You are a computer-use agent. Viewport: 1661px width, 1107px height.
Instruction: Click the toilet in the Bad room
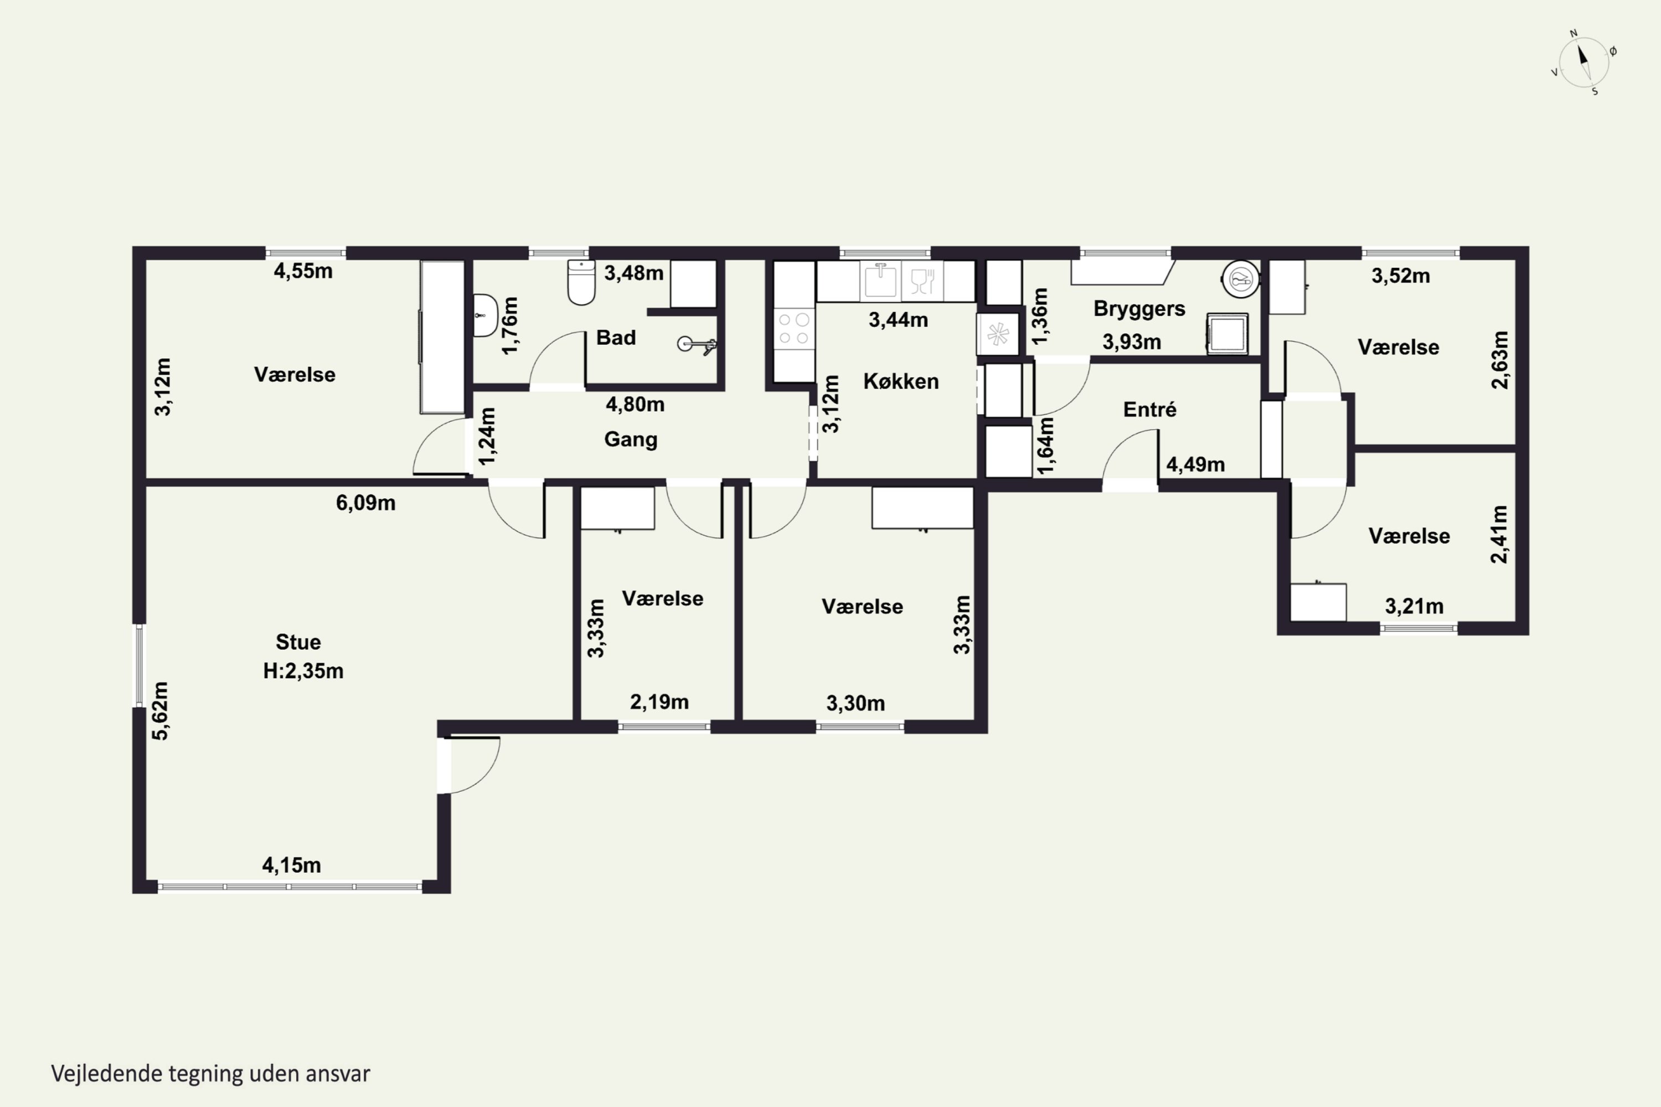(x=581, y=282)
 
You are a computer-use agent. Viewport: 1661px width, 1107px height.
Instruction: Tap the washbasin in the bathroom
(x=485, y=315)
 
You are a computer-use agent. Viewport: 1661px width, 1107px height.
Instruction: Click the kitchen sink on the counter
(x=879, y=280)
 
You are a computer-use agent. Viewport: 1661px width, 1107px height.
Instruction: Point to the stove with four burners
(x=795, y=329)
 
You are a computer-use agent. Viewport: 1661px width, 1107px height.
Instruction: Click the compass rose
(x=1584, y=62)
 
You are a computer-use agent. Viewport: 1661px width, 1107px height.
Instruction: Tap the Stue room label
(x=298, y=642)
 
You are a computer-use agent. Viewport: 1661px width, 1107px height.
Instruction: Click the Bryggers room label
(x=1139, y=309)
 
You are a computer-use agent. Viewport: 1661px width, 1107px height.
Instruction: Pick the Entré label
(x=1150, y=410)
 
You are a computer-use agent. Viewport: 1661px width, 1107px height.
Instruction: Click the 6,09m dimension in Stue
(x=365, y=503)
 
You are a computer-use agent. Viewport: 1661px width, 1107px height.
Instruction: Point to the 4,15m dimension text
(x=291, y=865)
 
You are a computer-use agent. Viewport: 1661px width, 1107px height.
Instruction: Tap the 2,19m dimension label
(x=659, y=702)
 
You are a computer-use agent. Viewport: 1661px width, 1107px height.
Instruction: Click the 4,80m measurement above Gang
(x=635, y=405)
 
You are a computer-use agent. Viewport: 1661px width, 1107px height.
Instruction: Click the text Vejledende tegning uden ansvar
(x=210, y=1074)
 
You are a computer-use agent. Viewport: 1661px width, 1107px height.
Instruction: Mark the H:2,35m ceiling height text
(x=303, y=671)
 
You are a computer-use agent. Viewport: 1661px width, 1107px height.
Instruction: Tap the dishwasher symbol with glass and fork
(x=922, y=280)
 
